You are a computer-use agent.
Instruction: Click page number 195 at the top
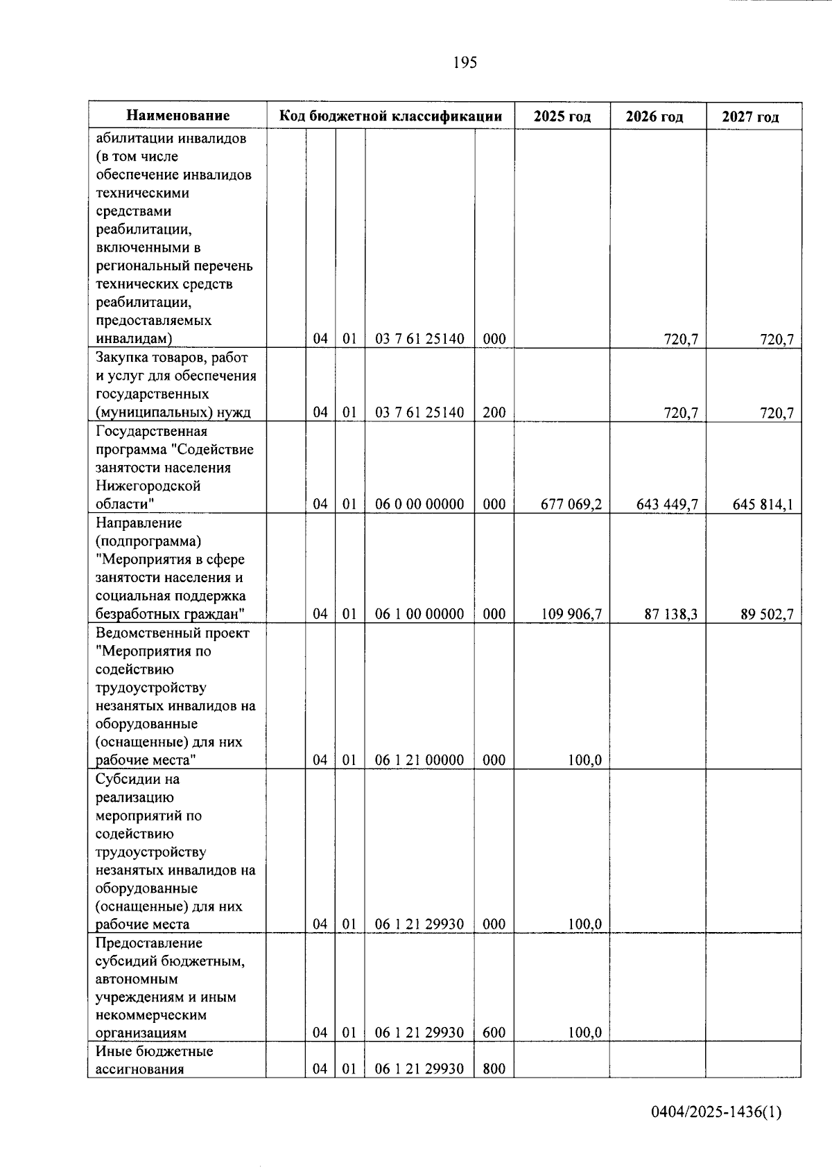click(x=465, y=63)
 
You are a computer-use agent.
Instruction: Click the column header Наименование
click(x=177, y=116)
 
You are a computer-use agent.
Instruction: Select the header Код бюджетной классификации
click(x=390, y=116)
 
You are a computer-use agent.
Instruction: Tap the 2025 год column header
click(x=562, y=116)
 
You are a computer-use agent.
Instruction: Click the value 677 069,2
click(x=571, y=504)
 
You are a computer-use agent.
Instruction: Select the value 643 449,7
click(x=666, y=504)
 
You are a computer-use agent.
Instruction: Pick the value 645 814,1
click(x=763, y=504)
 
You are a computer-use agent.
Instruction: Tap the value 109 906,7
click(x=571, y=614)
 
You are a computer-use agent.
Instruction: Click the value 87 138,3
click(x=670, y=614)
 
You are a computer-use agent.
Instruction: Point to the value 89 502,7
click(x=767, y=614)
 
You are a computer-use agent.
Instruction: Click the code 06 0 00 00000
click(x=419, y=504)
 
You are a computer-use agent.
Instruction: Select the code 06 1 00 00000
click(x=419, y=614)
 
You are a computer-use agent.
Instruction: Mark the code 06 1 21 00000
click(x=419, y=760)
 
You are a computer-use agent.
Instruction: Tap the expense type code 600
click(x=494, y=1033)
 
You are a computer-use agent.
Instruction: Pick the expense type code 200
click(x=494, y=413)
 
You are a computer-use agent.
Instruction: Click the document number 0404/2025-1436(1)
click(x=716, y=1113)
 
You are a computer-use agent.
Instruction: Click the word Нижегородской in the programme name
click(x=148, y=486)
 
